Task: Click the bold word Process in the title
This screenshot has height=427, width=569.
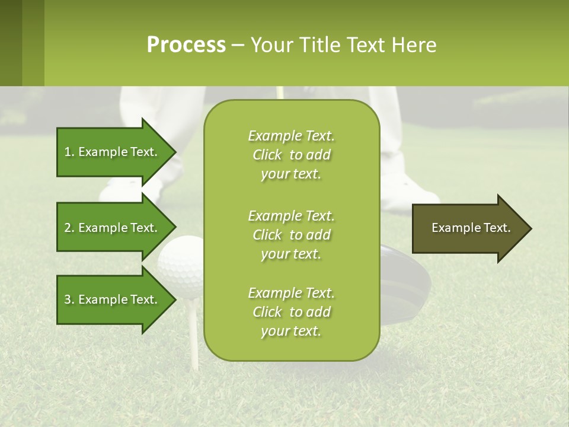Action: point(186,45)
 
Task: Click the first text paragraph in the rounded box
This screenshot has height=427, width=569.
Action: point(291,155)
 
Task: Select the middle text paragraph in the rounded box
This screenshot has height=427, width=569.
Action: point(291,235)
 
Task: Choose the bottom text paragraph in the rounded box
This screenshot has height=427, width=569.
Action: point(291,312)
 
